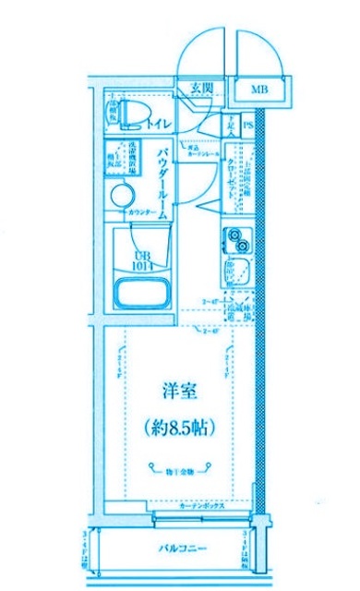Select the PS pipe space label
point(248,126)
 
